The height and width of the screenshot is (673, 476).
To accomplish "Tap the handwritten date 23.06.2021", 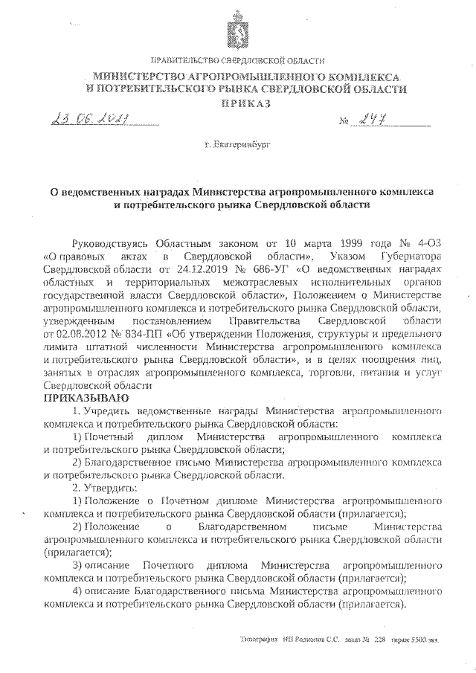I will pos(87,119).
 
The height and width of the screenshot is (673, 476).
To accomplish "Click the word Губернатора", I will pos(414,257).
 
